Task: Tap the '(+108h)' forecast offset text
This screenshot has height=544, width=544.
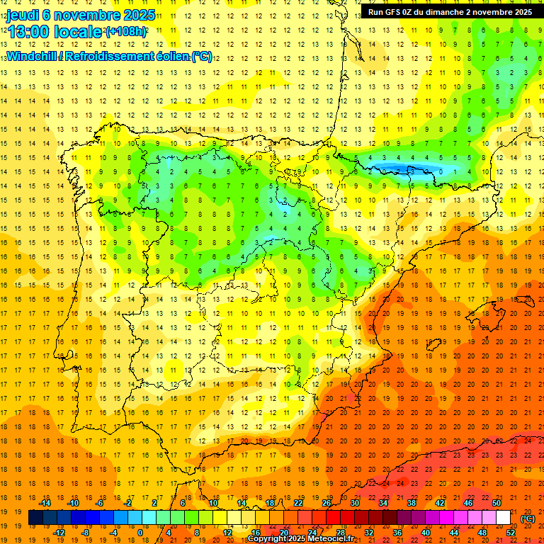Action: pos(126,32)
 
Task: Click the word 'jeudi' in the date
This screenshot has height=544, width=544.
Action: pos(23,14)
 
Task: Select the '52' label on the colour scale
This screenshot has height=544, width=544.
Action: pos(510,532)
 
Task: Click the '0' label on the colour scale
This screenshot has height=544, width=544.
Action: pos(140,532)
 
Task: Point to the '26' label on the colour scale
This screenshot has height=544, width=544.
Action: pos(327,502)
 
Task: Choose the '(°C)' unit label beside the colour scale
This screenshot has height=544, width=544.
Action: pos(528,518)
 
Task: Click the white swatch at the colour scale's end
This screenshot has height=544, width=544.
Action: pos(503,518)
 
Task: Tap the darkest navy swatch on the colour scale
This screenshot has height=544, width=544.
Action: pos(35,518)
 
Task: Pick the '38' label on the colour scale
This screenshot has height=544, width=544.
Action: pos(411,502)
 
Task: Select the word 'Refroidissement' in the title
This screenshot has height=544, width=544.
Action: pos(113,56)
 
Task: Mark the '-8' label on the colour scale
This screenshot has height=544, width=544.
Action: pos(86,532)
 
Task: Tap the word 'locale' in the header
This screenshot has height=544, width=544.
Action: pos(79,32)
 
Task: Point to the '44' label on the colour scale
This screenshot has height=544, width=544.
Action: pos(454,532)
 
